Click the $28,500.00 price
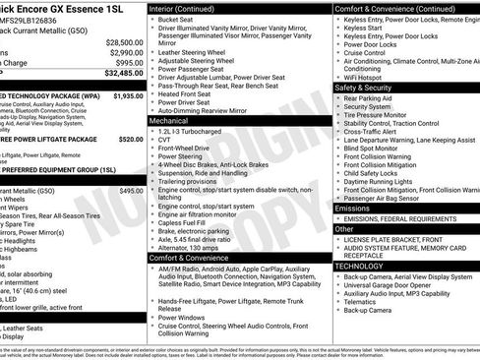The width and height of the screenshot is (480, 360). tap(123, 42)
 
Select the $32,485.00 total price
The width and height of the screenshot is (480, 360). tap(123, 73)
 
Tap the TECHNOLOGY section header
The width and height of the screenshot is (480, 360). tap(360, 265)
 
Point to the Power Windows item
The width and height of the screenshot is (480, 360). tap(183, 318)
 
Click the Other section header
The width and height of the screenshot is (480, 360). tap(344, 228)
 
